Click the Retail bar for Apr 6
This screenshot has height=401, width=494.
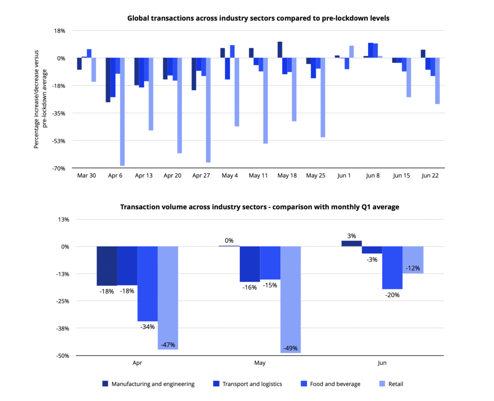pyautogui.click(x=122, y=111)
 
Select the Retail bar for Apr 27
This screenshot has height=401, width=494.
pyautogui.click(x=208, y=110)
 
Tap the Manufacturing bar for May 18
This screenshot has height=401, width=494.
pyautogui.click(x=280, y=50)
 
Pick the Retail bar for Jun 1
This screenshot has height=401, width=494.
pyautogui.click(x=351, y=52)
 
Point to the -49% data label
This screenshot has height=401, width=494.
pyautogui.click(x=290, y=348)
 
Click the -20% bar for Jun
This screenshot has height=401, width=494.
pyautogui.click(x=392, y=268)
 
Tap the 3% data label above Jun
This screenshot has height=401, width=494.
pyautogui.click(x=351, y=236)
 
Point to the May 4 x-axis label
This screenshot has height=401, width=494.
pyautogui.click(x=230, y=176)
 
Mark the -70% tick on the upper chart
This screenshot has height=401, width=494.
pyautogui.click(x=59, y=168)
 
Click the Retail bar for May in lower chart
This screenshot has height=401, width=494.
pyautogui.click(x=290, y=299)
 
